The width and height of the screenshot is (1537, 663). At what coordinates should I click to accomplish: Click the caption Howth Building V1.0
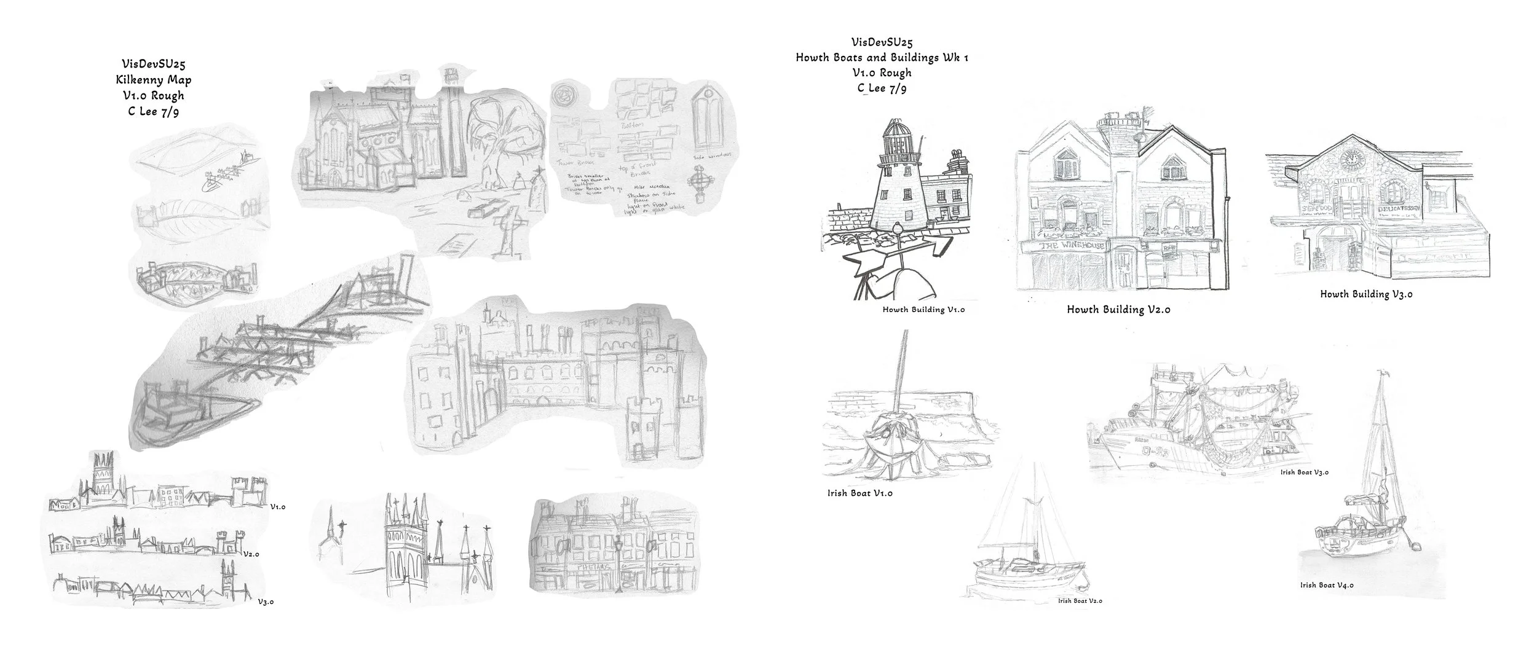[923, 310]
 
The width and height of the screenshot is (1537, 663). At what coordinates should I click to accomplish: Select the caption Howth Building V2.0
[1118, 310]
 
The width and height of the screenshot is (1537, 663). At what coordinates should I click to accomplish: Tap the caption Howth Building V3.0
[1366, 294]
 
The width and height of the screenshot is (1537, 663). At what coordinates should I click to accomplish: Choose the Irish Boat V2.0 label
[1080, 601]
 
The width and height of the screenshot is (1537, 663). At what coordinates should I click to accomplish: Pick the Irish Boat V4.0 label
[1326, 586]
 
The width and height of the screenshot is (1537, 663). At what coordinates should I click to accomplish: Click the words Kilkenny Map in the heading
[154, 80]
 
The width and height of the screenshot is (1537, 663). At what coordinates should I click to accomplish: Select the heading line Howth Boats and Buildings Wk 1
[882, 58]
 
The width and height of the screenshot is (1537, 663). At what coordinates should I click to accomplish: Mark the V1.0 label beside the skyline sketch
[277, 508]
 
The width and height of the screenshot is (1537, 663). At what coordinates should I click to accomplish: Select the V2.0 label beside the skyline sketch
[251, 554]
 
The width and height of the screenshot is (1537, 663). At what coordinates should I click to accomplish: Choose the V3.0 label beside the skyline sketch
[265, 602]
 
